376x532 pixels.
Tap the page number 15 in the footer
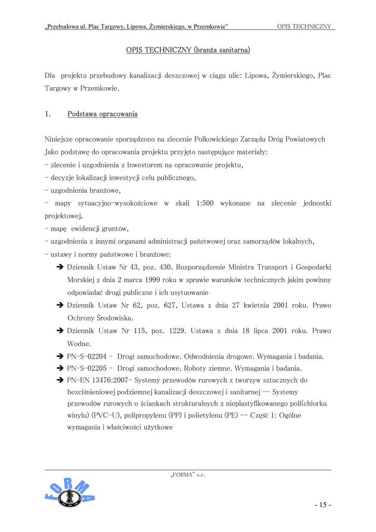click(322, 505)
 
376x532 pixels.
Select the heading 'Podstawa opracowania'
click(102, 114)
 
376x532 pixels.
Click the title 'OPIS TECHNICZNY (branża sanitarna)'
click(188, 50)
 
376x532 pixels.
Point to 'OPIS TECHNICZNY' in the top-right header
click(304, 26)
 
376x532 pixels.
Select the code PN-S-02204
click(87, 356)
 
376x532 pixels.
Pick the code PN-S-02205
click(87, 369)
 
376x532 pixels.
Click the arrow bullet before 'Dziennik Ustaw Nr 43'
click(60, 268)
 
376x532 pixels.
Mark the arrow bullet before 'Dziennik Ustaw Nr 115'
click(60, 331)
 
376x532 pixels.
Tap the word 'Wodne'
click(78, 343)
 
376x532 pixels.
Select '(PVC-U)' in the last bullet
click(106, 416)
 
